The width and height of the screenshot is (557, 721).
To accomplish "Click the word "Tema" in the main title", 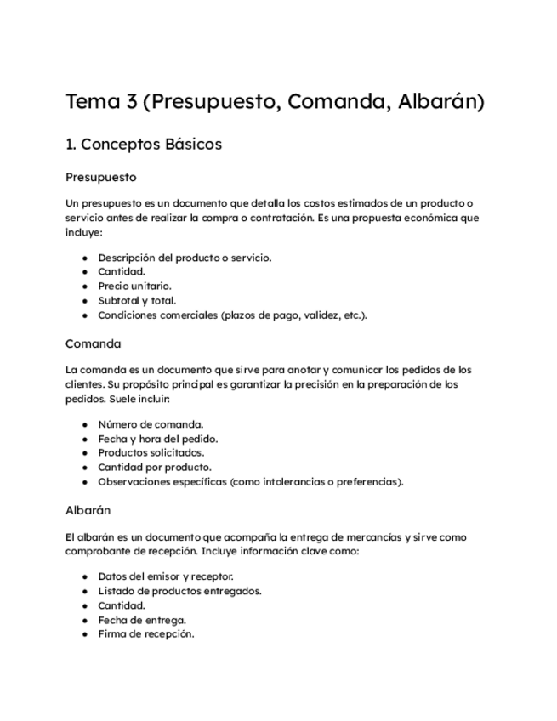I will (93, 103).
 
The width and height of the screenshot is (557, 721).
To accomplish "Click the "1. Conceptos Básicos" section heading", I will (144, 145).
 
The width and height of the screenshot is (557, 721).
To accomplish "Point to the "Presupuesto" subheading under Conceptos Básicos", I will (101, 178).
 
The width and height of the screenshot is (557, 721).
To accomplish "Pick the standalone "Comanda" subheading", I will (94, 343).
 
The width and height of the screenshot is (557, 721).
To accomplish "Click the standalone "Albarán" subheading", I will (88, 511).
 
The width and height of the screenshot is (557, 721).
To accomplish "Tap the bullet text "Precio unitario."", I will (134, 287).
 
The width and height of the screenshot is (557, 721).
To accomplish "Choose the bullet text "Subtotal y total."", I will (137, 300).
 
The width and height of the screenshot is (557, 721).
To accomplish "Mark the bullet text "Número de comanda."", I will (151, 424).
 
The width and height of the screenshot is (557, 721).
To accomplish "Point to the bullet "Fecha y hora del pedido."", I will (158, 439).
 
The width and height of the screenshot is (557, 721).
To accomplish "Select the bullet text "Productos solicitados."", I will (151, 453).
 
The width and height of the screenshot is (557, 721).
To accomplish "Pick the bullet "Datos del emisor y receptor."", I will (166, 576).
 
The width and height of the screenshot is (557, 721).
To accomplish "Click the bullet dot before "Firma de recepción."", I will (85, 634).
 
